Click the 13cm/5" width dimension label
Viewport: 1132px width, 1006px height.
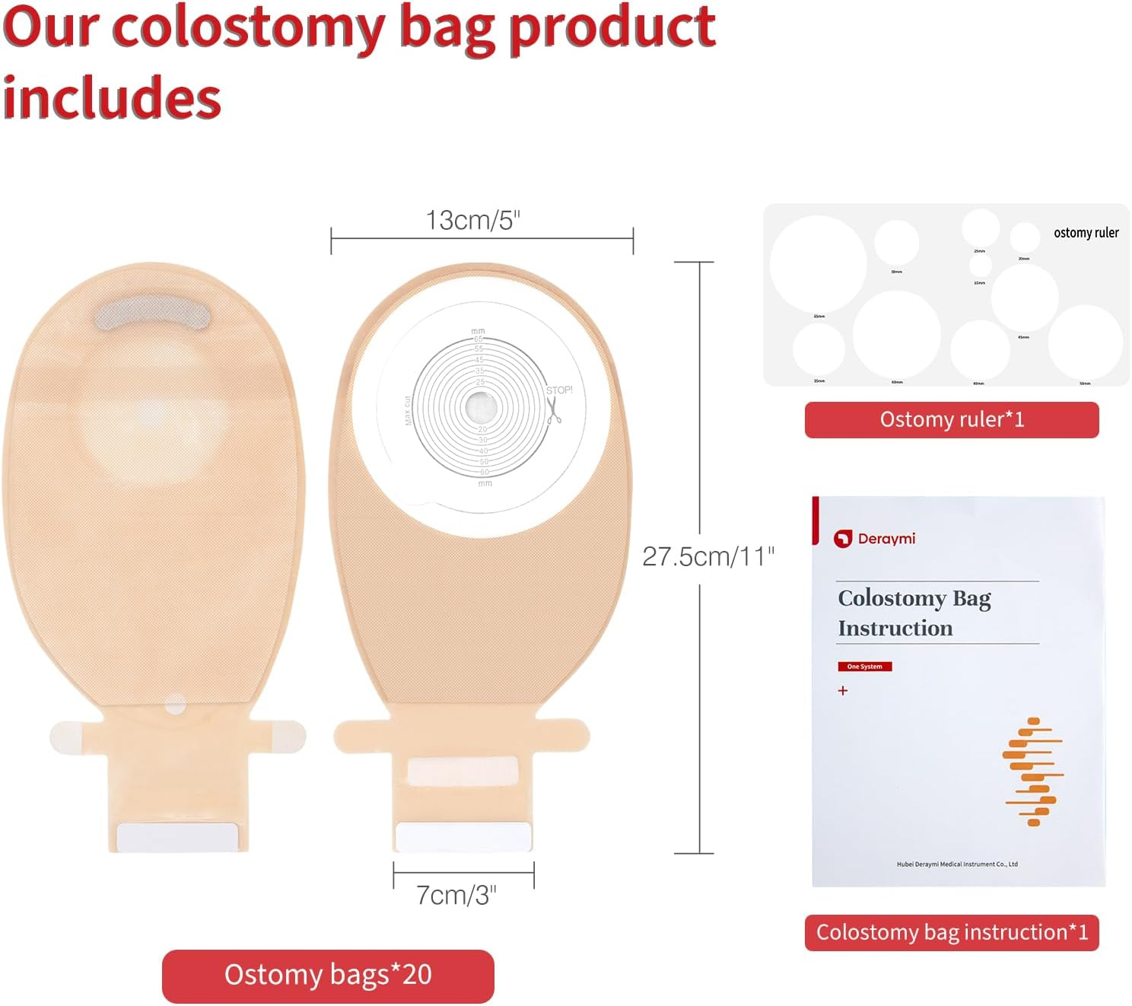click(472, 220)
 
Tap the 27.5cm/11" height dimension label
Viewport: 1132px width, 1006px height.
click(708, 556)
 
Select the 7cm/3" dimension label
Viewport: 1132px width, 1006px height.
click(456, 895)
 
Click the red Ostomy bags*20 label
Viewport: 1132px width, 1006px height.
click(328, 976)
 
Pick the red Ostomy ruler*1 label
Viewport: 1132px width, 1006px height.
click(951, 420)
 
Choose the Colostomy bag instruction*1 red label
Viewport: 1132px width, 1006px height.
click(952, 932)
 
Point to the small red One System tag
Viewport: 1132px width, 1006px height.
click(864, 667)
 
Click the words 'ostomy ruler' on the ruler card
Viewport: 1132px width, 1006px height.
click(1086, 233)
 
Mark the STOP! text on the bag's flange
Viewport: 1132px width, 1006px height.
click(559, 390)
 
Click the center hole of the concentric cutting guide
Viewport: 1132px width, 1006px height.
click(480, 406)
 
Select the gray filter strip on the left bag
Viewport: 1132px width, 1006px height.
click(152, 313)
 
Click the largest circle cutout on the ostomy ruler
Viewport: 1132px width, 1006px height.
click(818, 263)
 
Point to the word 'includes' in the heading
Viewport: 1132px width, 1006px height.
click(112, 97)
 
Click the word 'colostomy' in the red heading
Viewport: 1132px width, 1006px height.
click(249, 28)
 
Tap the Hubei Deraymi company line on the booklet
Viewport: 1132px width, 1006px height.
click(956, 864)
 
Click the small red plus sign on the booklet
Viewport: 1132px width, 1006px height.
click(843, 691)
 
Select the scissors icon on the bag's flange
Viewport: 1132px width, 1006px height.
click(554, 410)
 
